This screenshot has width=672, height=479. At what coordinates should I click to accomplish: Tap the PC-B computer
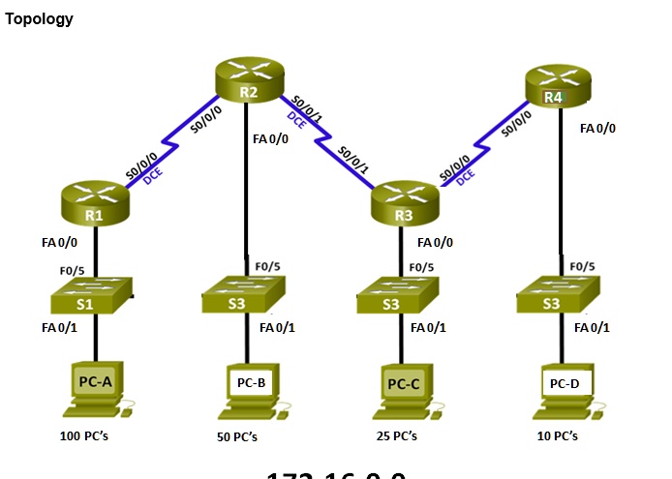tap(251, 389)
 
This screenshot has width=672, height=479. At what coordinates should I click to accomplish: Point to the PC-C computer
tap(405, 389)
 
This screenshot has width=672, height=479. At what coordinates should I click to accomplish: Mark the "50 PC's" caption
tap(237, 437)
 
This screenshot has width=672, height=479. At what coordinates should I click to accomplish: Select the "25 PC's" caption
tap(396, 436)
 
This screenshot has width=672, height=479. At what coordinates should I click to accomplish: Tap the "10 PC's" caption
tap(558, 436)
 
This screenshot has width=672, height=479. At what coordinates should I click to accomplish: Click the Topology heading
tap(39, 19)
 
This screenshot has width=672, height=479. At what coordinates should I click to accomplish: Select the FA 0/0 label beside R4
tap(597, 128)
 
